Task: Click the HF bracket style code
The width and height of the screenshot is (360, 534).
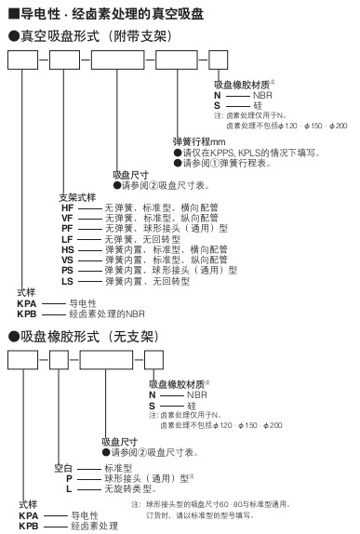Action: [67, 207]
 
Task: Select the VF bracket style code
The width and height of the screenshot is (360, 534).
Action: [67, 219]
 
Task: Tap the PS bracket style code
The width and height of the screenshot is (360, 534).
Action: [67, 271]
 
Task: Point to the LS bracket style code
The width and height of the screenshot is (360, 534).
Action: [67, 281]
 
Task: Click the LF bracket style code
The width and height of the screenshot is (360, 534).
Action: [67, 239]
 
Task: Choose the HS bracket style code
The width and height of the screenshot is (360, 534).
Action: [67, 250]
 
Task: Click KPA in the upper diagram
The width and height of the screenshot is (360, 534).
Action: [27, 303]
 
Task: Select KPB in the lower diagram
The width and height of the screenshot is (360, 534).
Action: [29, 526]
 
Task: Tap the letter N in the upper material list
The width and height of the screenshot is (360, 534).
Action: [218, 95]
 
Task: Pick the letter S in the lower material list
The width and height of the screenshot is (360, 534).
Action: [152, 406]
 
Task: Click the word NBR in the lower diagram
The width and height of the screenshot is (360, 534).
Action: [197, 395]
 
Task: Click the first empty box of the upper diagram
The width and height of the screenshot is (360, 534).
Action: [23, 60]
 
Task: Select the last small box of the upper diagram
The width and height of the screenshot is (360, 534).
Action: [218, 60]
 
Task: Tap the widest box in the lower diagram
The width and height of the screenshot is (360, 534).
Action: [106, 360]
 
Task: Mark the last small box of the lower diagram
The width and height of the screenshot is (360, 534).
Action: [153, 360]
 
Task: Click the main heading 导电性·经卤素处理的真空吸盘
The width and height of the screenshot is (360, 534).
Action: [106, 14]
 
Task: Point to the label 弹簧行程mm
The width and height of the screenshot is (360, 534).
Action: [199, 141]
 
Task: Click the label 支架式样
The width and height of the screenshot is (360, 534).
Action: [77, 197]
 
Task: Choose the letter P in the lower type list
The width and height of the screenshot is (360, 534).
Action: [69, 479]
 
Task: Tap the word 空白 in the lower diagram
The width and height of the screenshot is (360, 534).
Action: [63, 468]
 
